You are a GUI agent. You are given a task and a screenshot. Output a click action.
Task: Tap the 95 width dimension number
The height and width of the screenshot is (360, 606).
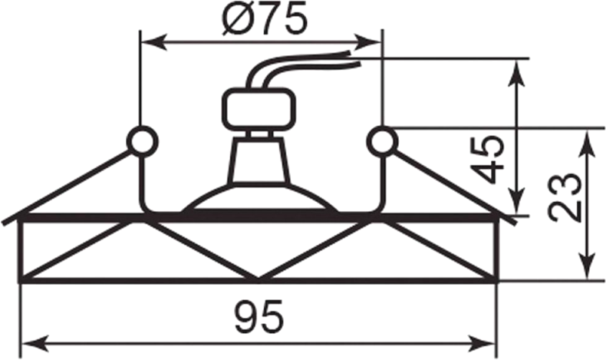[259, 315]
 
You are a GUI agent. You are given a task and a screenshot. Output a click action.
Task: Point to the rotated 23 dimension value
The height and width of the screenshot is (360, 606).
[565, 197]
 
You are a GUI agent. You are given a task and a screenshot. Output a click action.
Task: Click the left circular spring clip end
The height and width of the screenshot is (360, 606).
[142, 141]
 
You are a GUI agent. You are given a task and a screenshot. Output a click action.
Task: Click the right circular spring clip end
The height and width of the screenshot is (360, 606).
[381, 141]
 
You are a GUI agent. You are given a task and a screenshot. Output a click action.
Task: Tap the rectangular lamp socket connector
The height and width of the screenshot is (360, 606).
[259, 110]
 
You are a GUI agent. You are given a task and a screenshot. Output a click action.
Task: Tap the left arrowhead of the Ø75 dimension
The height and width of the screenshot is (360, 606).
[150, 41]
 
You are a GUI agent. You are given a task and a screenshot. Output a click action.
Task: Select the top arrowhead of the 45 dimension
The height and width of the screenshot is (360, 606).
[519, 68]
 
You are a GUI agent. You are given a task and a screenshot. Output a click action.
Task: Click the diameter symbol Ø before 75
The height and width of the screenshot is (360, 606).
[232, 19]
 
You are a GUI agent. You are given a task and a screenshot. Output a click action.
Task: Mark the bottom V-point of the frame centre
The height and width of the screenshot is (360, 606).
[259, 278]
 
